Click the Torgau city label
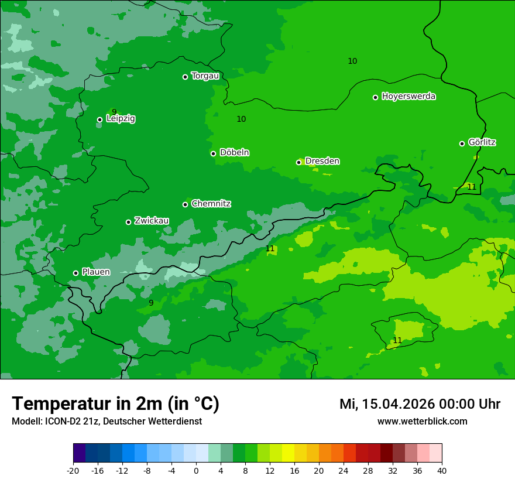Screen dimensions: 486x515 point(205,76)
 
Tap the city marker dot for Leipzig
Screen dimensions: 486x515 point(99,119)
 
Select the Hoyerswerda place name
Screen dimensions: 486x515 point(408,96)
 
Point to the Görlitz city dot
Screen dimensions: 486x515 point(462,143)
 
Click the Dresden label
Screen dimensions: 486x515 point(322,161)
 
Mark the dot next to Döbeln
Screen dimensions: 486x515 point(213,153)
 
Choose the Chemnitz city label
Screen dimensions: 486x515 point(211,204)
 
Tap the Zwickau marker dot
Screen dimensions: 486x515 point(128,222)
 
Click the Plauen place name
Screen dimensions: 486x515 point(95,272)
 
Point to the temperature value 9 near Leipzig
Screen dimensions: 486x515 point(114,112)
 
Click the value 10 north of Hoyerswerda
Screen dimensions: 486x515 point(352,61)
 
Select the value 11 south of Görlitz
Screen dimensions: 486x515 point(472,187)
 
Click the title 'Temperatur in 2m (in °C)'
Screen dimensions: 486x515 point(115,404)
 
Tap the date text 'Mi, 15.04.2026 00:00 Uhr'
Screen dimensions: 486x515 point(420,404)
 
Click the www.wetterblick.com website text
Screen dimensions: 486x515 point(422,421)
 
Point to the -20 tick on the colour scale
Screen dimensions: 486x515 point(73,470)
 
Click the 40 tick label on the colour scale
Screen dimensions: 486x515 point(442,470)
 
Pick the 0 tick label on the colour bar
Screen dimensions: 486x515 point(196,470)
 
